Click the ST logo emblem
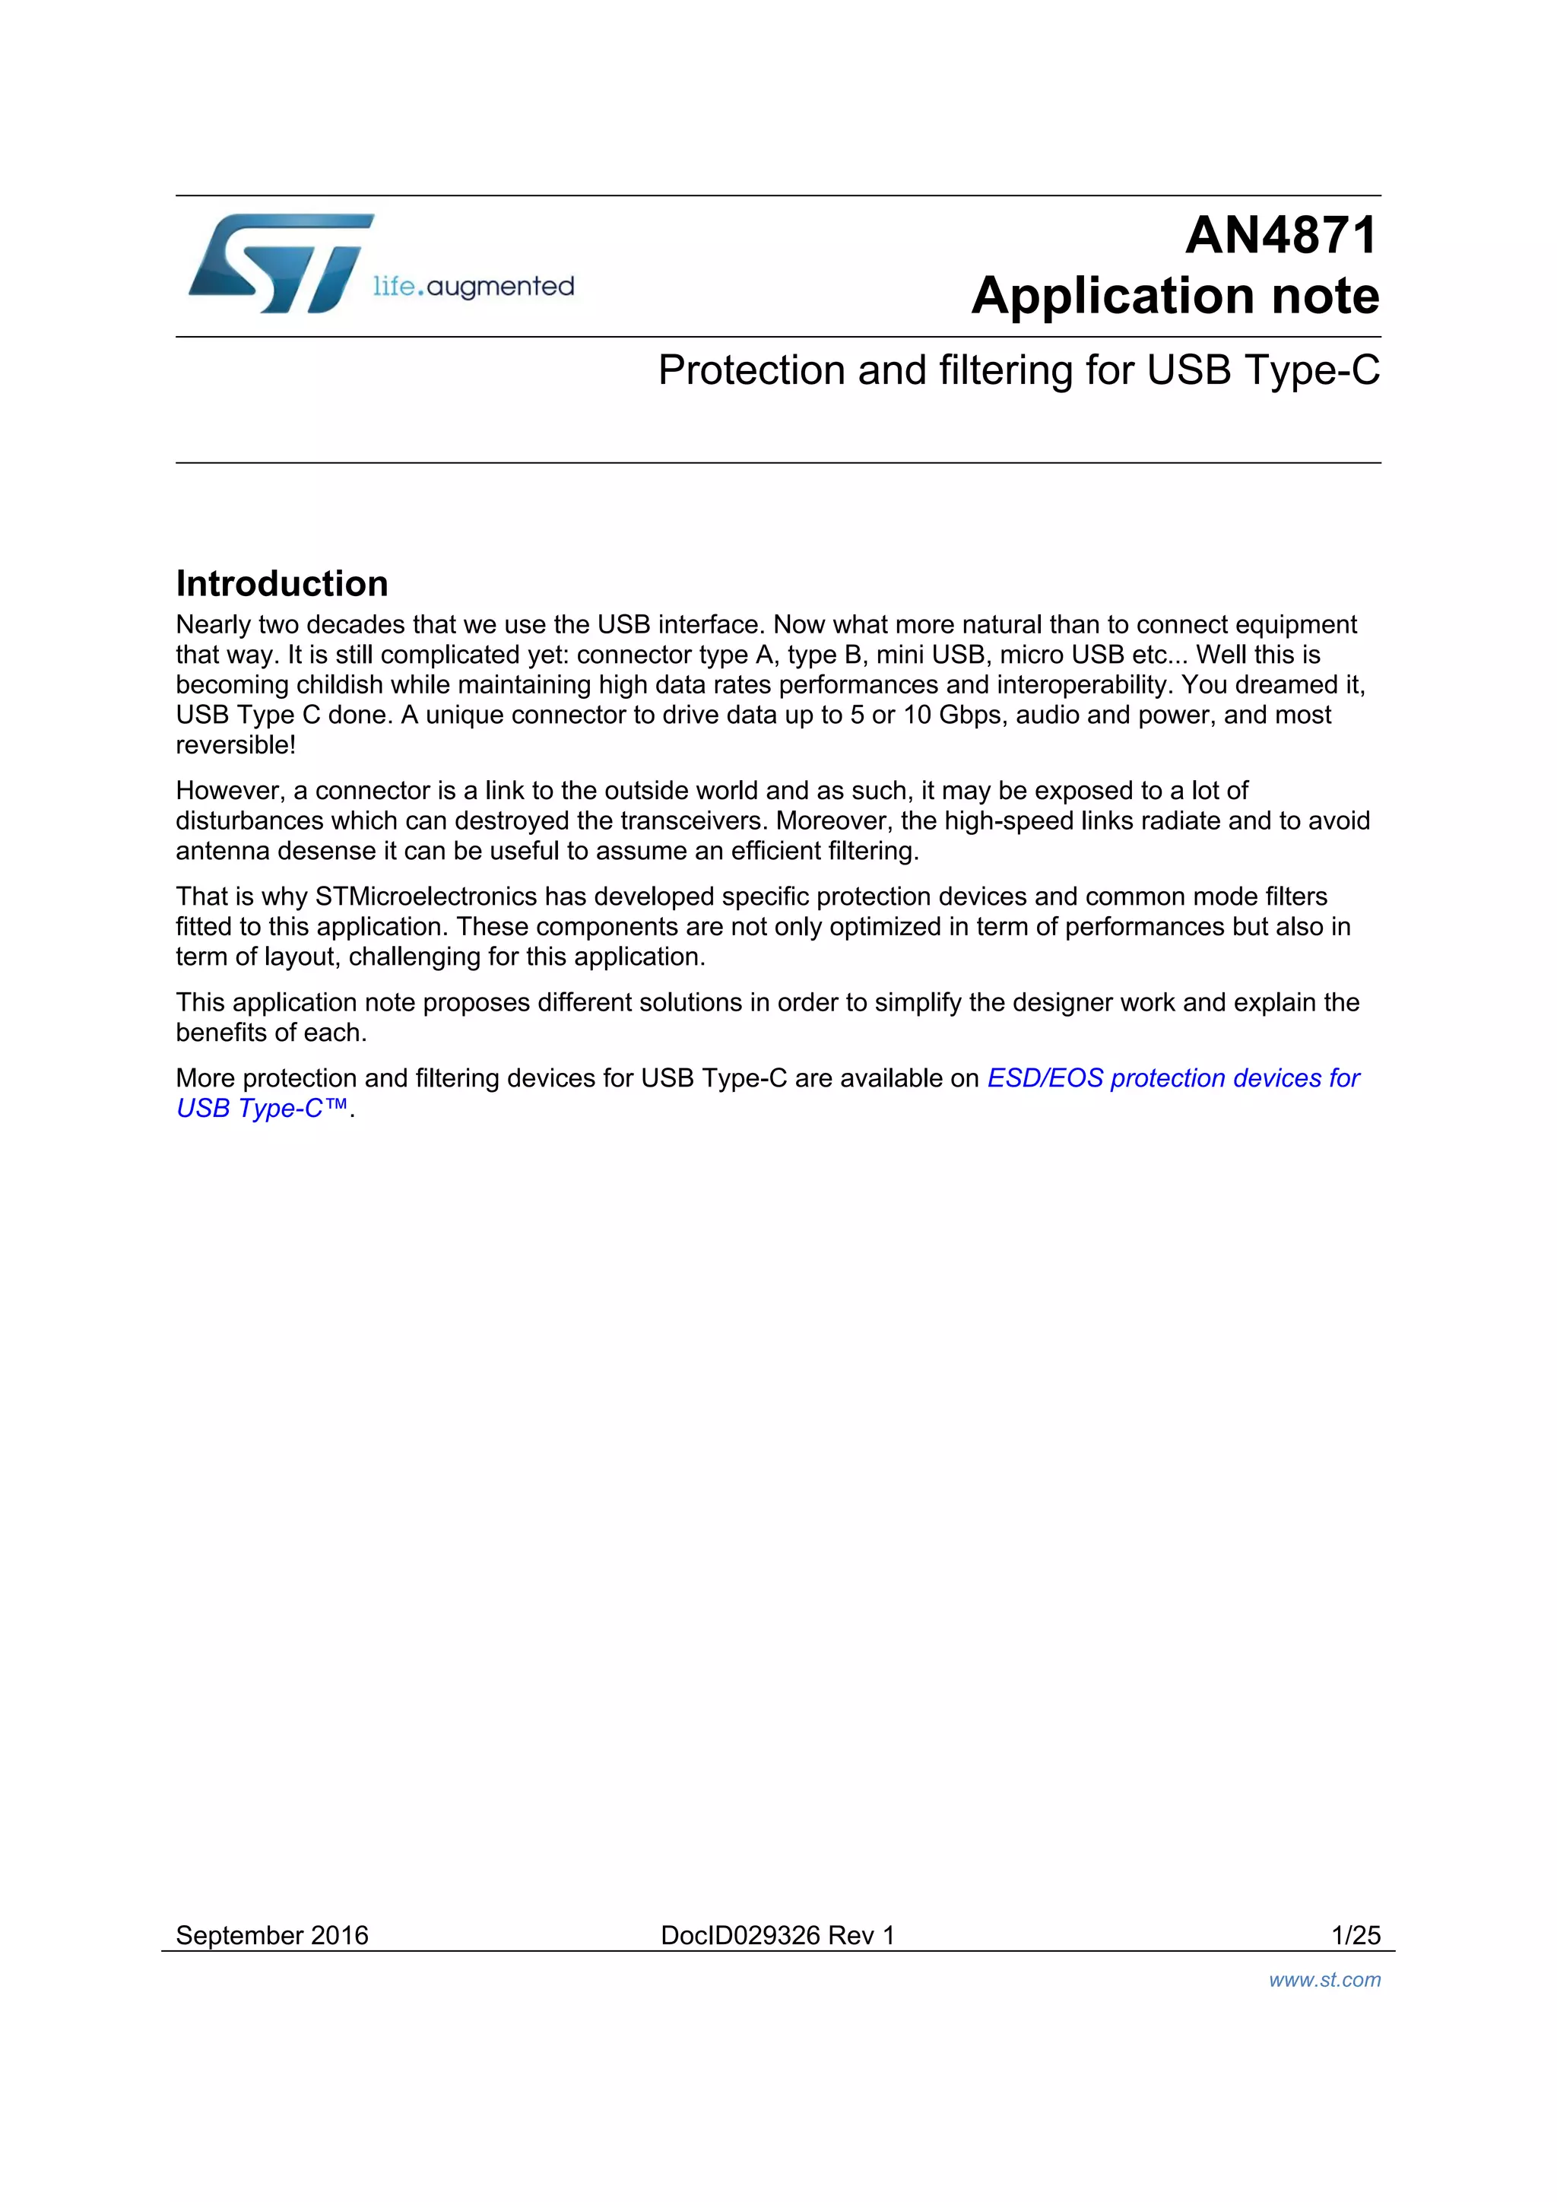[278, 264]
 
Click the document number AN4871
[1281, 236]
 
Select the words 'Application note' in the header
[1175, 295]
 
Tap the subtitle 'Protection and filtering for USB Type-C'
[1018, 370]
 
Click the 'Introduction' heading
[282, 583]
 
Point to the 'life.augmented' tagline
[474, 286]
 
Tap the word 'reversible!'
[236, 745]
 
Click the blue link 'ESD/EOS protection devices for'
[1174, 1079]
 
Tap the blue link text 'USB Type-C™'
[262, 1109]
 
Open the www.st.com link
[1324, 1979]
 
